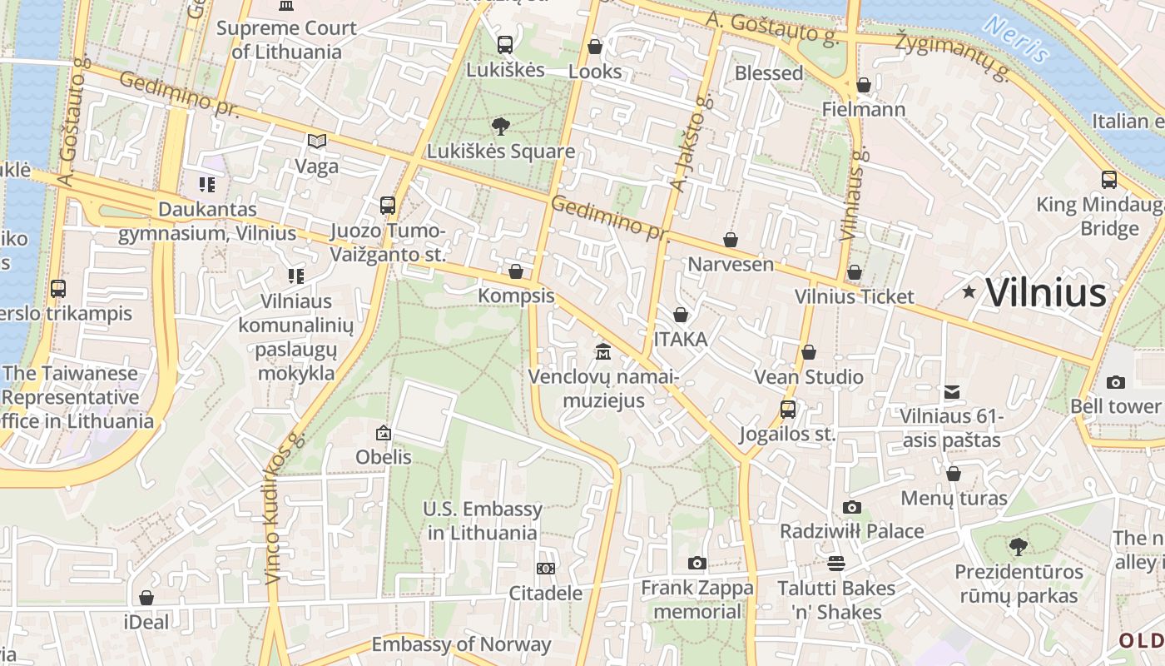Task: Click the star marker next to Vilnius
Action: [x=969, y=292]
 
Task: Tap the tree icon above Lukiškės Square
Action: [x=501, y=127]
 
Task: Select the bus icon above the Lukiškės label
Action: [x=505, y=45]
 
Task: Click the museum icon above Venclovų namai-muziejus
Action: [x=603, y=352]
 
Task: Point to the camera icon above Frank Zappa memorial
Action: [x=697, y=564]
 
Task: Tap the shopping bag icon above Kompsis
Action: [x=516, y=271]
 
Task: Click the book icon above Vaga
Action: [x=317, y=142]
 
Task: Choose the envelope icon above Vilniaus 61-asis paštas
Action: [x=952, y=391]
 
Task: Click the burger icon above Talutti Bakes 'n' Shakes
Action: [x=836, y=564]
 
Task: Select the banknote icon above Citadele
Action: [x=546, y=569]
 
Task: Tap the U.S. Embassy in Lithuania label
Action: [x=483, y=520]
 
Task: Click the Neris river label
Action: [x=1015, y=39]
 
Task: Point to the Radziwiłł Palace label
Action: [x=851, y=531]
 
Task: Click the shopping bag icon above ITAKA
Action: [x=681, y=315]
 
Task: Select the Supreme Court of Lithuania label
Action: [x=286, y=39]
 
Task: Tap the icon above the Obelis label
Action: [x=384, y=433]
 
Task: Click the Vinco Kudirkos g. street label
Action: [x=282, y=508]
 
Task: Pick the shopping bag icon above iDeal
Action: [x=146, y=598]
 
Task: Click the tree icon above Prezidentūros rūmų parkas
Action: [x=1018, y=547]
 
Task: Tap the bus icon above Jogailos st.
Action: [x=787, y=410]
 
